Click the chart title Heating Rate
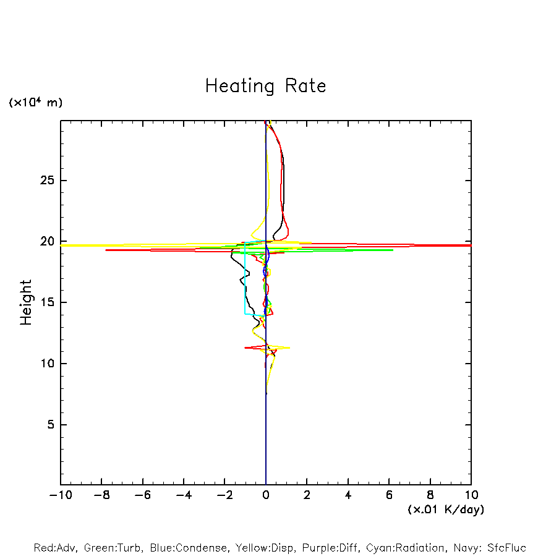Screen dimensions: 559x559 click(265, 86)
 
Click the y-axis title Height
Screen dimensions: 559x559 click(26, 302)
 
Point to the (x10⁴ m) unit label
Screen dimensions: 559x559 click(35, 103)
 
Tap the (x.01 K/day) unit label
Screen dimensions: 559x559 click(445, 510)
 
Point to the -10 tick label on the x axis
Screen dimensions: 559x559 click(60, 495)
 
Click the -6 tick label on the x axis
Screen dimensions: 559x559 click(142, 495)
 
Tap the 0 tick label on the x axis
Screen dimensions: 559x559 click(266, 495)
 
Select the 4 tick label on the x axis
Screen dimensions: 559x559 click(348, 495)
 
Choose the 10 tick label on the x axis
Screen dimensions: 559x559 click(471, 495)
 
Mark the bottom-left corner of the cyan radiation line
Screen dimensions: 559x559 click(245, 314)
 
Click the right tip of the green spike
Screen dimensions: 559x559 click(393, 250)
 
